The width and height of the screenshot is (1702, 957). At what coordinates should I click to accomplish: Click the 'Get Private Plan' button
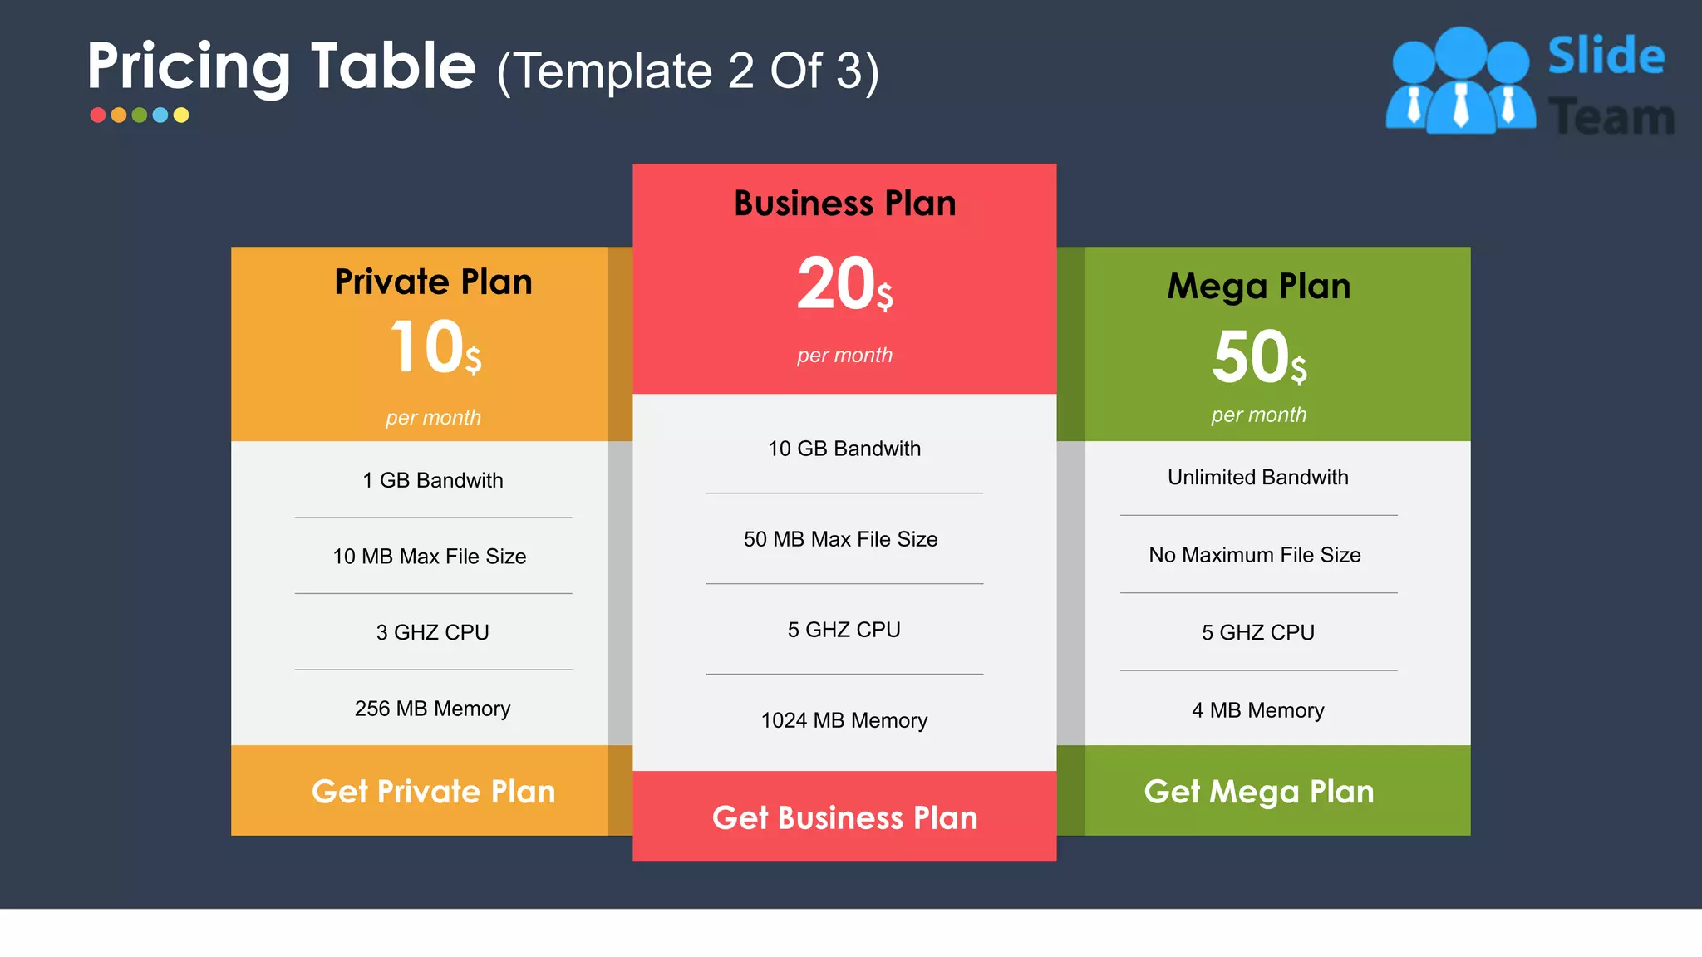[x=433, y=792]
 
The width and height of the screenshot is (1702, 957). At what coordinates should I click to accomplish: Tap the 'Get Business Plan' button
[x=844, y=818]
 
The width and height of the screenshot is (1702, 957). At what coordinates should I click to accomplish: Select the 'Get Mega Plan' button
[x=1259, y=792]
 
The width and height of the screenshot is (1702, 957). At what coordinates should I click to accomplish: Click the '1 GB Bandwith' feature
[x=433, y=480]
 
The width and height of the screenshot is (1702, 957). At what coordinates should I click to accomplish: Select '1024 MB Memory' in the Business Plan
[x=844, y=720]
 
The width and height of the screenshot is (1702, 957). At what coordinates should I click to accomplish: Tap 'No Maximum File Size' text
[x=1255, y=555]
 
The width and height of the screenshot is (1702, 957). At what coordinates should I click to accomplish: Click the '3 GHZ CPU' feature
[x=433, y=632]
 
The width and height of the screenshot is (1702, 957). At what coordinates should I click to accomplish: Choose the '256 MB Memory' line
[x=433, y=709]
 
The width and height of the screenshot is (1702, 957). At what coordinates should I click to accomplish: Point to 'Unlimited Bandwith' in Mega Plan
[x=1258, y=477]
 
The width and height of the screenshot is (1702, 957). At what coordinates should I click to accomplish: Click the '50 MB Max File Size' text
[x=841, y=539]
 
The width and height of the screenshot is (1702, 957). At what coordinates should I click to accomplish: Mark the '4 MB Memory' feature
[x=1258, y=710]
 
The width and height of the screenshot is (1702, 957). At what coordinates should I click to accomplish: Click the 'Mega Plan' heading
[x=1259, y=287]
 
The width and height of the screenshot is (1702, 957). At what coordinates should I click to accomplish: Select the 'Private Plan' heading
[x=433, y=282]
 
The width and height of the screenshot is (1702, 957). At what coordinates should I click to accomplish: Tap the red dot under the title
[x=98, y=115]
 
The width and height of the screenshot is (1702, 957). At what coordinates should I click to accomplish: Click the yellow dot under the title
[x=181, y=115]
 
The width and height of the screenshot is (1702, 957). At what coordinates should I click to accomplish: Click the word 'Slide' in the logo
[x=1606, y=56]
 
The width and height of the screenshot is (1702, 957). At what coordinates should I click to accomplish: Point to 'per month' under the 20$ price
[x=844, y=356]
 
